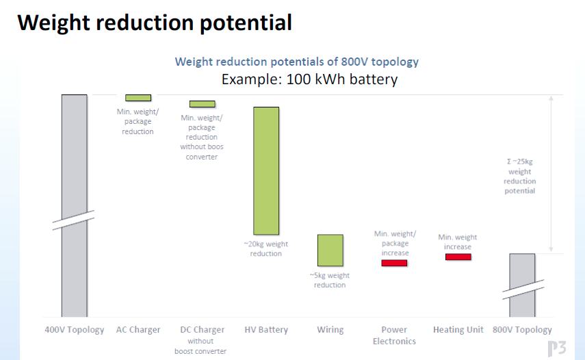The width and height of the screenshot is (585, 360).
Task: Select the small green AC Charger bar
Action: [x=138, y=98]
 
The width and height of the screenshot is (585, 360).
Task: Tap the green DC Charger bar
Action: [x=203, y=104]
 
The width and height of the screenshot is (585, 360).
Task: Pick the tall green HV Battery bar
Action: [x=266, y=171]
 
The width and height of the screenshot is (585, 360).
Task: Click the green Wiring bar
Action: [x=330, y=250]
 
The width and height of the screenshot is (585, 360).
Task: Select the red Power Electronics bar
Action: [x=394, y=263]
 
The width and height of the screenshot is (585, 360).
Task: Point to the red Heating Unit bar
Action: [x=458, y=257]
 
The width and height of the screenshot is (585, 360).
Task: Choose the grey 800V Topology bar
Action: [x=522, y=285]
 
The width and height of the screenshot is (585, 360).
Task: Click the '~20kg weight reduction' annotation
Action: [x=265, y=249]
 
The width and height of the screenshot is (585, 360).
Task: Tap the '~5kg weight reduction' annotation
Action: [x=329, y=280]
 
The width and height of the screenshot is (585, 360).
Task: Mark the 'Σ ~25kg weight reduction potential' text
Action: [x=520, y=176]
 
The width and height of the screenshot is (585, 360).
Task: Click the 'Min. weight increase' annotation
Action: [x=458, y=242]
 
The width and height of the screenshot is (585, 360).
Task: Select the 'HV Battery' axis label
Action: [x=266, y=330]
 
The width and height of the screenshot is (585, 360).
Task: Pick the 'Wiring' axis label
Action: [x=330, y=330]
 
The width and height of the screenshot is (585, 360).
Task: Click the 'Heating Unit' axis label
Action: [x=458, y=330]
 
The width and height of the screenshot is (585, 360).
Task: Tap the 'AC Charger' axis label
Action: [x=138, y=330]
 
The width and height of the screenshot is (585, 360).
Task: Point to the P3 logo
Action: [x=557, y=349]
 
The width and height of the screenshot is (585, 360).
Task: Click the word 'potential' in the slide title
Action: [x=246, y=23]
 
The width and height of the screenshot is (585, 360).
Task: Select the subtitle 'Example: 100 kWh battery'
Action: [x=309, y=79]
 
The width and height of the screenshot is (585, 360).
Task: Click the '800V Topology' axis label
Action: [x=522, y=330]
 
